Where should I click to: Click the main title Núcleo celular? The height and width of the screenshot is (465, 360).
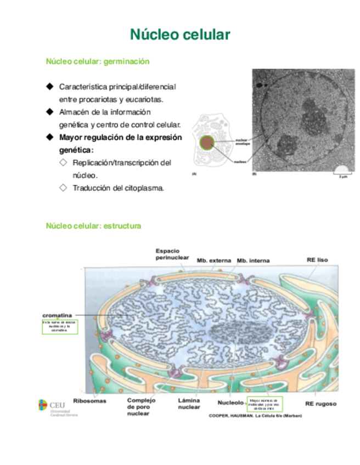179,35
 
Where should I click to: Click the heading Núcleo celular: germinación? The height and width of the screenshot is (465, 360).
98,62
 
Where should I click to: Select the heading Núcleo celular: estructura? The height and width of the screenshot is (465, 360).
94,225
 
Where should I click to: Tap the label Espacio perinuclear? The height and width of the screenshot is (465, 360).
171,254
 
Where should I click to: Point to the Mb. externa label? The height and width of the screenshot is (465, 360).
213,260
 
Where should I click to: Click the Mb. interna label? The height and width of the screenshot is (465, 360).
253,260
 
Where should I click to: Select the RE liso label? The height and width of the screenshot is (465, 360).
317,259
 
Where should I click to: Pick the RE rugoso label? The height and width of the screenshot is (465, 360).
320,404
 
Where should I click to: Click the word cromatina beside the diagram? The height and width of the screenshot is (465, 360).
58,315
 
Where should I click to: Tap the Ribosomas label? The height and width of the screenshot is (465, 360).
89,401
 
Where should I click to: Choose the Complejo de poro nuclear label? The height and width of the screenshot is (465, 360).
141,406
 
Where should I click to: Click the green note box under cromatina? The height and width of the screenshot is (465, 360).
60,327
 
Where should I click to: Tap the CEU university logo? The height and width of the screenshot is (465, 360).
57,407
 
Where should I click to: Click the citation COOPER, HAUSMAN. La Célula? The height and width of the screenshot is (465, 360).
255,416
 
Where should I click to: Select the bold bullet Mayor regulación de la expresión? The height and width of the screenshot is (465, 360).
120,138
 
